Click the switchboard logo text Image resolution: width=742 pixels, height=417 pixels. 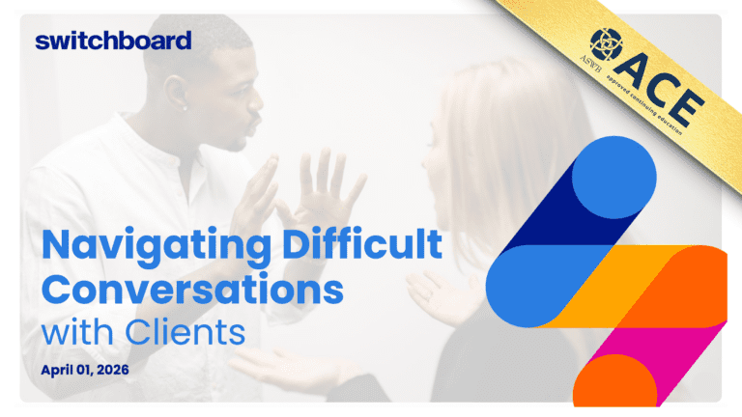point(113,40)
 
